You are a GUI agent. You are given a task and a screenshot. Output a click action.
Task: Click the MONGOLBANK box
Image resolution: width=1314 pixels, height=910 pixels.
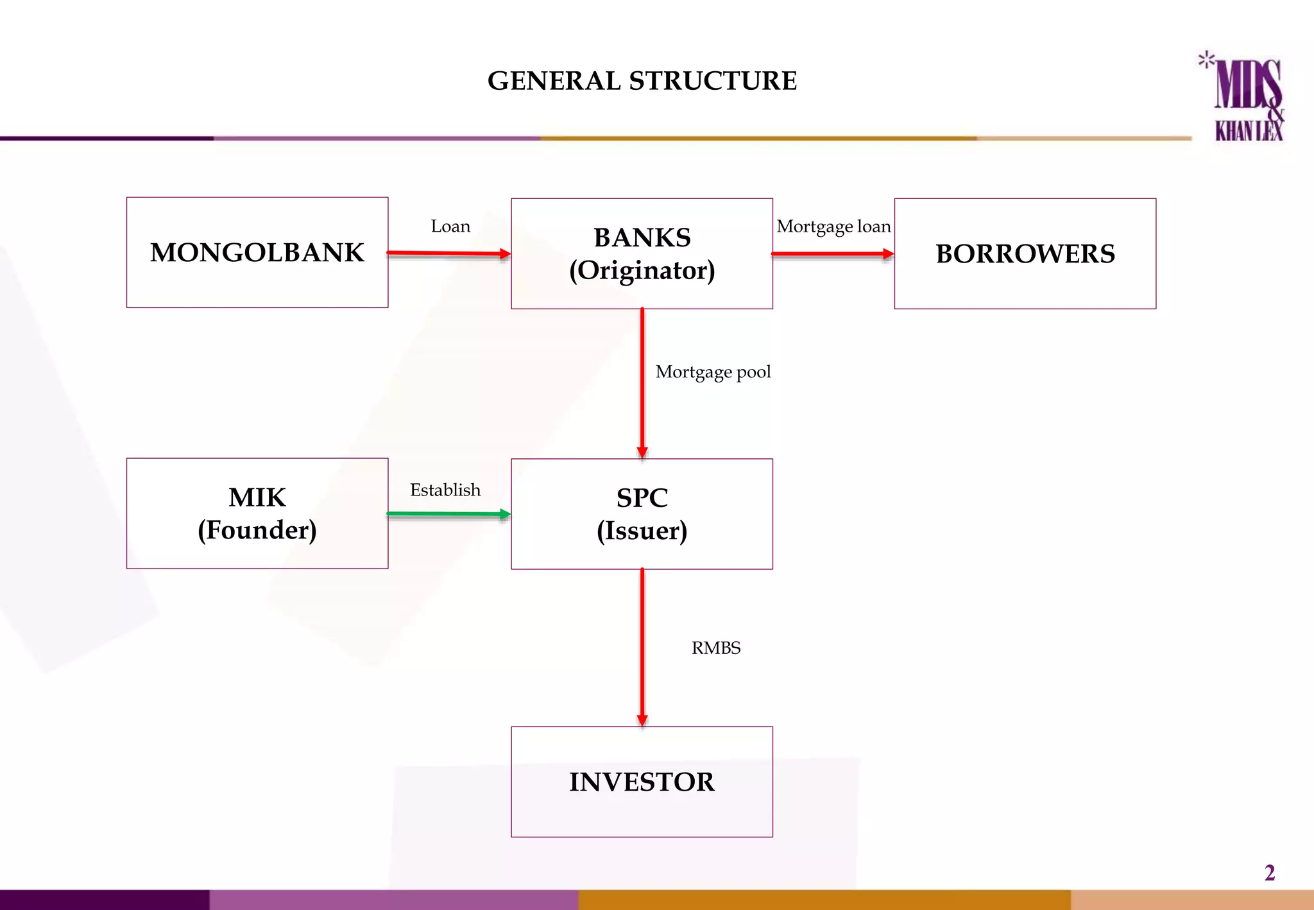(x=257, y=252)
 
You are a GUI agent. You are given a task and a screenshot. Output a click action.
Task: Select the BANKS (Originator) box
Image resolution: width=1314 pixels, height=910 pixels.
(x=642, y=253)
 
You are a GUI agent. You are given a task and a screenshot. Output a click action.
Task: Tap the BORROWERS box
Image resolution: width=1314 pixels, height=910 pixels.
(x=1025, y=253)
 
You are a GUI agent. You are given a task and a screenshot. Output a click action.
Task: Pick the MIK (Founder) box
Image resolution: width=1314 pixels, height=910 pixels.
(x=257, y=513)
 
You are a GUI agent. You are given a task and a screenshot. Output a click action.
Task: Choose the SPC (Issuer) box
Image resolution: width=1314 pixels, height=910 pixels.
(x=642, y=514)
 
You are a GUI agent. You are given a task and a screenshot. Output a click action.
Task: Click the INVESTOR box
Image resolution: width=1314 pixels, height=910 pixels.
(x=642, y=782)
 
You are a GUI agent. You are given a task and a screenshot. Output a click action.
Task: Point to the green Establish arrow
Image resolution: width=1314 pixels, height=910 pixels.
(x=449, y=514)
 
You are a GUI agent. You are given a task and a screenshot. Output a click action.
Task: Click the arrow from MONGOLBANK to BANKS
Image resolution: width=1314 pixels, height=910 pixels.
(x=449, y=253)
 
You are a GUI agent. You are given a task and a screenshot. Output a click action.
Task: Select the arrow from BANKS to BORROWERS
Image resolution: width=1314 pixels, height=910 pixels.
(x=833, y=254)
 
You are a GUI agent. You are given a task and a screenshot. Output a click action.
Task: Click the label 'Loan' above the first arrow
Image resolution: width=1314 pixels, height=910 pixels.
(x=450, y=227)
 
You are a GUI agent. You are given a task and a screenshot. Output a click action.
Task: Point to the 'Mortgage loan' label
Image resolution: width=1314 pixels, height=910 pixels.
(x=833, y=227)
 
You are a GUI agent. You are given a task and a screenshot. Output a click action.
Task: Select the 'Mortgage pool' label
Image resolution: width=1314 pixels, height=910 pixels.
(x=713, y=372)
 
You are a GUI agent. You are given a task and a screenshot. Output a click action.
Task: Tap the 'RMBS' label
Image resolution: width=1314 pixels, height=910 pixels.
(x=716, y=648)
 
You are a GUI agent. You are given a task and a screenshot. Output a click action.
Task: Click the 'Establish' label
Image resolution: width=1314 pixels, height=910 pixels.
(x=445, y=490)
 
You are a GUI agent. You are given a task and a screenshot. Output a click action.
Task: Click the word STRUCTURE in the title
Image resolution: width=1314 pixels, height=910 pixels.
(x=713, y=81)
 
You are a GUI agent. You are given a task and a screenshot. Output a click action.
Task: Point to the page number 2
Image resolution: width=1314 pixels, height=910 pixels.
(x=1269, y=873)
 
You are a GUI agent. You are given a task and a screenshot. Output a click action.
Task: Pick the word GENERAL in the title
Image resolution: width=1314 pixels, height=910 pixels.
(x=554, y=81)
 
